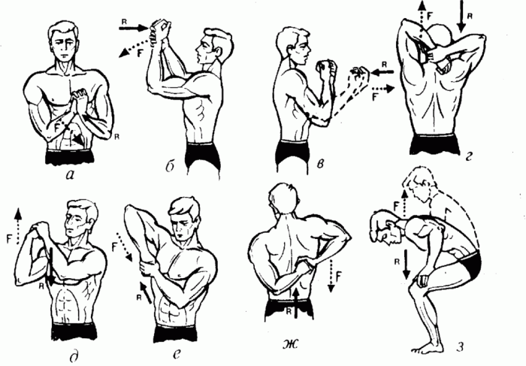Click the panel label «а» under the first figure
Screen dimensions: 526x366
tap(71, 174)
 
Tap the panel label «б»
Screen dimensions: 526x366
tap(171, 167)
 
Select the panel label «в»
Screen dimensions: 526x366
tap(321, 164)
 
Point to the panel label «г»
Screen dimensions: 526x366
tap(469, 156)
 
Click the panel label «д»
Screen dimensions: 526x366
tap(75, 358)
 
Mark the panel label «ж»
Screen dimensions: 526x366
tap(290, 345)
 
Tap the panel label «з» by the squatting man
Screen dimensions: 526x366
tap(460, 346)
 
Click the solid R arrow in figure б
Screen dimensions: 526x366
tap(135, 29)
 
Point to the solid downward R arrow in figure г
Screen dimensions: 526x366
tap(461, 16)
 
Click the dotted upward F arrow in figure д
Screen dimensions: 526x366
tap(18, 225)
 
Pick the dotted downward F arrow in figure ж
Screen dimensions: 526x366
tap(331, 275)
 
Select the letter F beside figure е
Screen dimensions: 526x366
tap(114, 247)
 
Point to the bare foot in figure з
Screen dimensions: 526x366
tap(425, 346)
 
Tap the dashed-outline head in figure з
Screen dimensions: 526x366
tap(420, 183)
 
